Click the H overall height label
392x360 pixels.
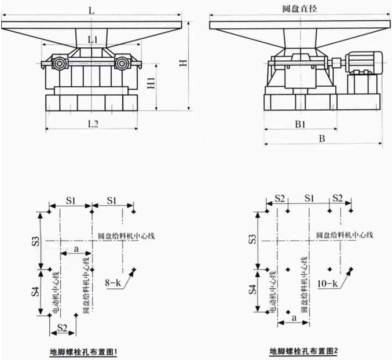183,63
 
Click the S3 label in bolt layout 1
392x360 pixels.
35,240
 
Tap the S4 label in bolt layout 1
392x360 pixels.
35,292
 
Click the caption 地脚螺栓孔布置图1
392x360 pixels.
84,351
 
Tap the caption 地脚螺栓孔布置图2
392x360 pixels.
303,351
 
